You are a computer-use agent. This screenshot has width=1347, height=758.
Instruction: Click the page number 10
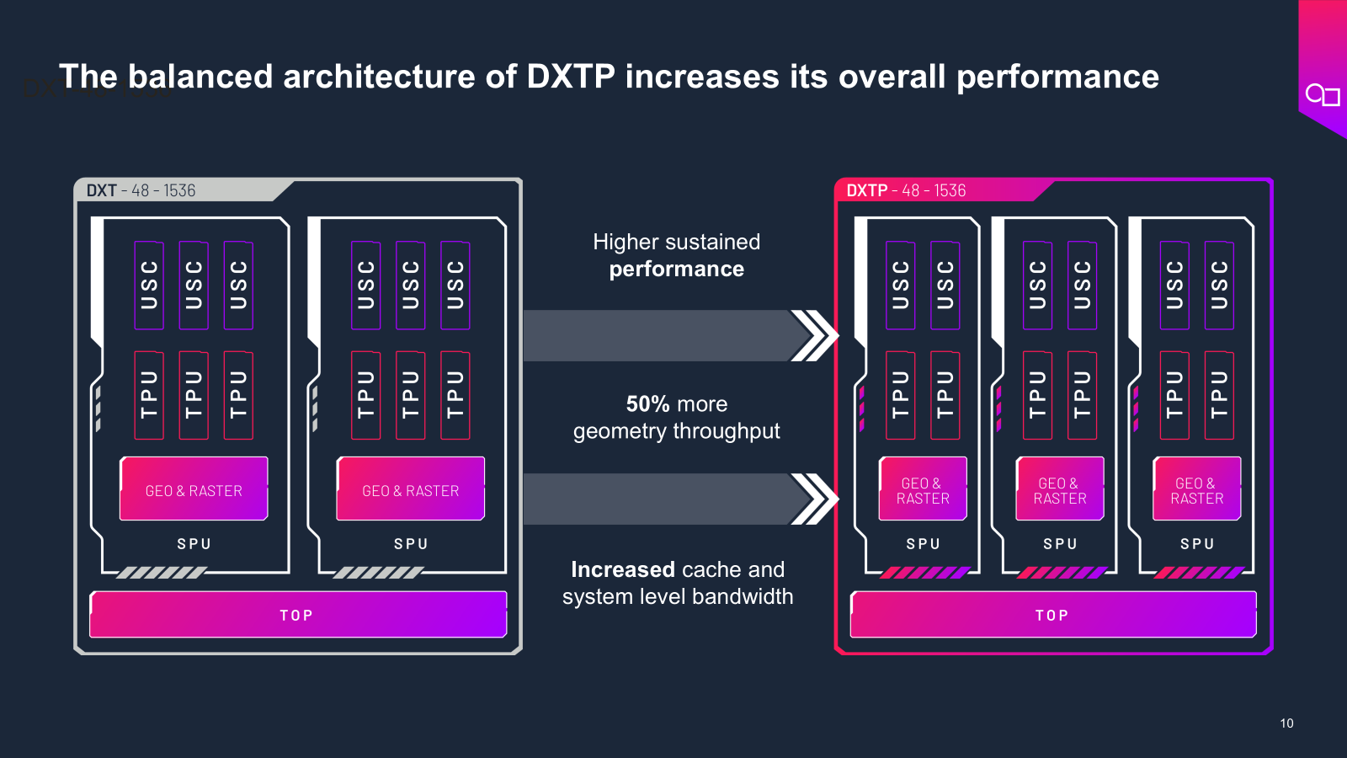[x=1286, y=723]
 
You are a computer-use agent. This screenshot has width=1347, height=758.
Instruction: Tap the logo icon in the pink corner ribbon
[x=1322, y=95]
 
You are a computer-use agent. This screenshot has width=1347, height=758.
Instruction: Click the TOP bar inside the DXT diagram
[x=297, y=615]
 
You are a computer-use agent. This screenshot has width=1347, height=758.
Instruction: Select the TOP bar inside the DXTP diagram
[x=1052, y=615]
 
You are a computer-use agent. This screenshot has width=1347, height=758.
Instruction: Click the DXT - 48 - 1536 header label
[x=141, y=190]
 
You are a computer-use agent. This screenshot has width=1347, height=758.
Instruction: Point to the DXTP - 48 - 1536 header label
[x=906, y=190]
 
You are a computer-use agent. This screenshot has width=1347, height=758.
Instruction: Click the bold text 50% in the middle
[x=647, y=404]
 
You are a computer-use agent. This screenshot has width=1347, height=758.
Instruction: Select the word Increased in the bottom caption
[x=623, y=569]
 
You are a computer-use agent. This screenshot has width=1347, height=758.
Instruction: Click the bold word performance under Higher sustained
[x=676, y=269]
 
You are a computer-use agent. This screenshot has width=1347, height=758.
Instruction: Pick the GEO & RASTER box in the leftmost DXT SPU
[x=194, y=490]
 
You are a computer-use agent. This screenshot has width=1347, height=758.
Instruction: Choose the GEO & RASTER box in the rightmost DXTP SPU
[x=1196, y=490]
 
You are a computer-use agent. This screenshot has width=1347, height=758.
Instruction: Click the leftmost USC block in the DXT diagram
[x=149, y=285]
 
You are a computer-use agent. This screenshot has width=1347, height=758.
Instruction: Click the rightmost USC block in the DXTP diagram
[x=1219, y=285]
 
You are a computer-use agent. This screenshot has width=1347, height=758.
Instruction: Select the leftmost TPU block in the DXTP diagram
[x=900, y=395]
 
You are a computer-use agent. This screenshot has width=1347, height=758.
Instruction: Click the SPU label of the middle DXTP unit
[x=1060, y=544]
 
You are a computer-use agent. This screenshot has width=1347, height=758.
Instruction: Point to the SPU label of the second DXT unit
[x=411, y=544]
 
